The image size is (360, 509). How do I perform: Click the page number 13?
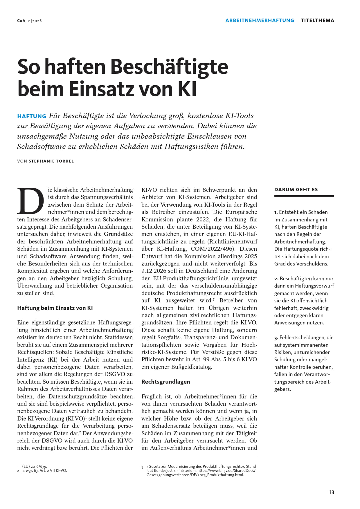click(x=332, y=492)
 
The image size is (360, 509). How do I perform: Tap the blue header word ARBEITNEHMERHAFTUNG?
click(x=260, y=20)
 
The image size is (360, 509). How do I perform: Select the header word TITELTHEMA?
click(x=317, y=20)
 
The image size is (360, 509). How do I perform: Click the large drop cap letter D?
click(x=30, y=201)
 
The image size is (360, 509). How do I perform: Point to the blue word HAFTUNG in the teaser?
click(x=32, y=116)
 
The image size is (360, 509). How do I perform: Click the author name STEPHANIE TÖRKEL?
click(x=51, y=161)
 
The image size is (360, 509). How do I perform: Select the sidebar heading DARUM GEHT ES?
click(x=296, y=189)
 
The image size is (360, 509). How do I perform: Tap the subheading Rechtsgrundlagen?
click(x=165, y=382)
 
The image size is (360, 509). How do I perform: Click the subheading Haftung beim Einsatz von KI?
click(x=55, y=308)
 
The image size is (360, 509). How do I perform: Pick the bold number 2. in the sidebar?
click(x=276, y=279)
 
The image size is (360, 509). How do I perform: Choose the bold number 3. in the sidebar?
click(x=276, y=337)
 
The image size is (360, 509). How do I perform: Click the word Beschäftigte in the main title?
click(x=169, y=67)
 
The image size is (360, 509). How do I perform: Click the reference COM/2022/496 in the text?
click(x=212, y=249)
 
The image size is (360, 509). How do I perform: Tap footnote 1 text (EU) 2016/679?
click(x=35, y=466)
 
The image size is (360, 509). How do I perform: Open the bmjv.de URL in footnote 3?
click(x=226, y=470)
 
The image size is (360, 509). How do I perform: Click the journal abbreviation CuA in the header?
click(x=21, y=21)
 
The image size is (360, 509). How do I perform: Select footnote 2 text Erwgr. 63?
click(x=30, y=470)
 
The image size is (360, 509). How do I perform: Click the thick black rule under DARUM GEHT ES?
click(x=304, y=196)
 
